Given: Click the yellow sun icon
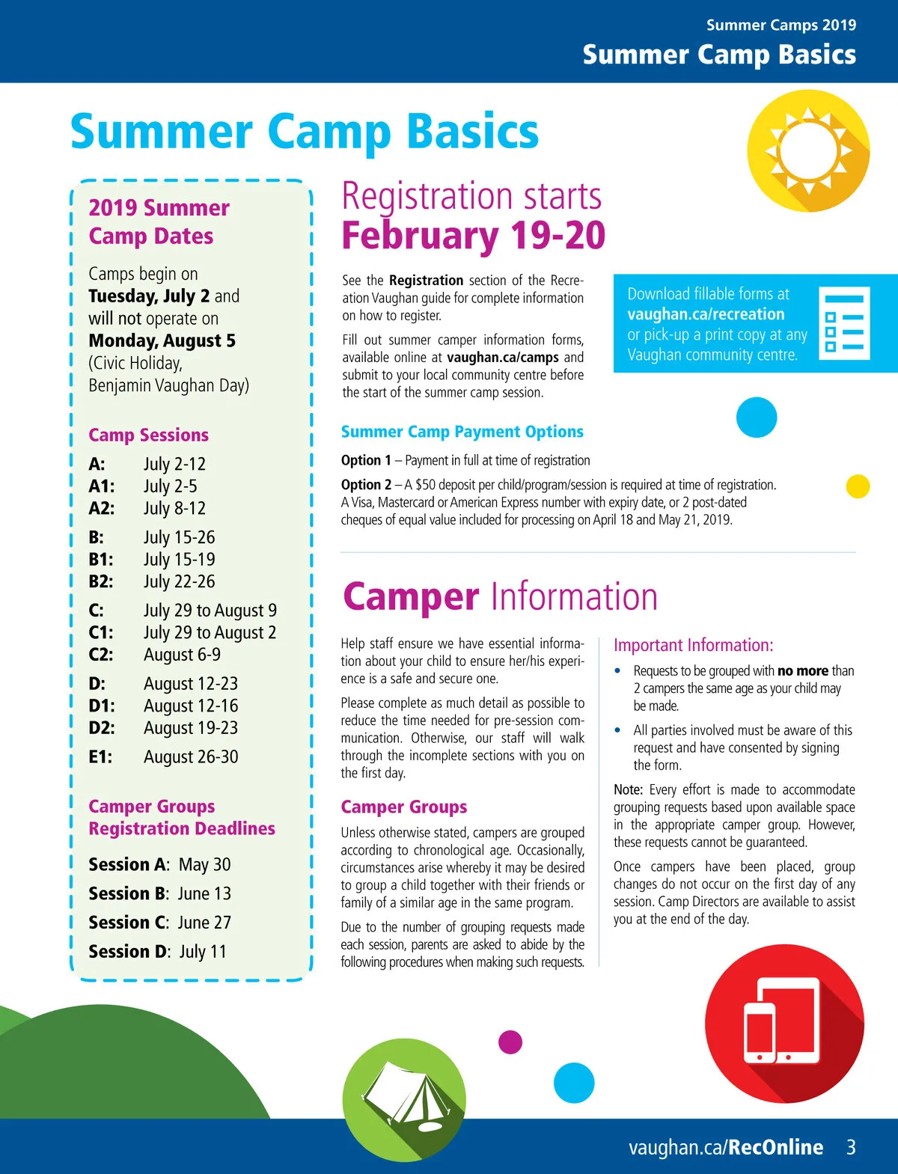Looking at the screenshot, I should (808, 150).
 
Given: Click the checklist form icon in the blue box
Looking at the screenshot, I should (844, 322).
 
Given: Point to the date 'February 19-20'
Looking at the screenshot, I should (473, 236).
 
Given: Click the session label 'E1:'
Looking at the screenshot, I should (100, 757).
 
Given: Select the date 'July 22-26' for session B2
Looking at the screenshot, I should (179, 581).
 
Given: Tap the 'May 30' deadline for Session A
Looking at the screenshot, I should (204, 865).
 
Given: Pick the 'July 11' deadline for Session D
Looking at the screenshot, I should (202, 952).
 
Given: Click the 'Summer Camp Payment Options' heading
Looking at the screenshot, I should (462, 432).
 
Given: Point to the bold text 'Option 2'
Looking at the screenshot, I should (366, 485).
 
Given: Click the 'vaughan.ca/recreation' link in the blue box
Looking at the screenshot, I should (706, 314).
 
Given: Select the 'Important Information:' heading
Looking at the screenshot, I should (693, 645).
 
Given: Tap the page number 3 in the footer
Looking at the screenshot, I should (851, 1147).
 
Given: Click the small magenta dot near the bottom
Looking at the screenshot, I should (510, 1042).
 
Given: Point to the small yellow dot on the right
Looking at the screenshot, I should (858, 486).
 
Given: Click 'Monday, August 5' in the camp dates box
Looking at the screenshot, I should (162, 341).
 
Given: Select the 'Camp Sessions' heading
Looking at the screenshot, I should (148, 435).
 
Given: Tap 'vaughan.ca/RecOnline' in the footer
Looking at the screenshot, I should (725, 1147).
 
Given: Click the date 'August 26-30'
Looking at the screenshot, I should (191, 757).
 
